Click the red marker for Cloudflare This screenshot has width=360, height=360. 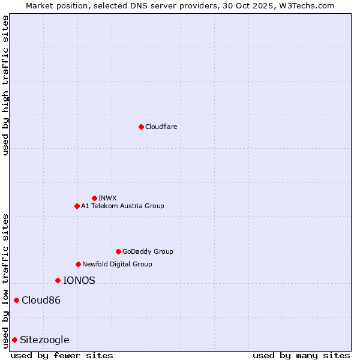[x=141, y=127]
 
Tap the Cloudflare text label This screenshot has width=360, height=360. [x=161, y=127]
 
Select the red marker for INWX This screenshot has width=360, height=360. [x=94, y=198]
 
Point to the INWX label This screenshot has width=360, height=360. [x=107, y=198]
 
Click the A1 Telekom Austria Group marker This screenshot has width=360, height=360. [x=77, y=206]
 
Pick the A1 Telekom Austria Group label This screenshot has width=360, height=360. [x=122, y=206]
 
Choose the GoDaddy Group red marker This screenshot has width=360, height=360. [x=118, y=251]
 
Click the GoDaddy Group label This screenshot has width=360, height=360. [x=148, y=251]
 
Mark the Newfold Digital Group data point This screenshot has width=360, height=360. [x=78, y=264]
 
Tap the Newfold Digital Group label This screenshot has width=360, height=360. [x=117, y=264]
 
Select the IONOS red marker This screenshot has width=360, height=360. [x=58, y=280]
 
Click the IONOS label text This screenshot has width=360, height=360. [x=79, y=280]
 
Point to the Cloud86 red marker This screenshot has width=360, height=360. [x=16, y=300]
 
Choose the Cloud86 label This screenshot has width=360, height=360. [x=41, y=300]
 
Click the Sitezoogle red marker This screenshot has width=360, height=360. [x=14, y=340]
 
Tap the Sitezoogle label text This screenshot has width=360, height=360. [x=44, y=340]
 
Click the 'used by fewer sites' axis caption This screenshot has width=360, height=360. [x=62, y=355]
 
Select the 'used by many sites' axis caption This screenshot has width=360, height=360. [x=301, y=355]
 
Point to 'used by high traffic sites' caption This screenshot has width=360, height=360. [x=5, y=85]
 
